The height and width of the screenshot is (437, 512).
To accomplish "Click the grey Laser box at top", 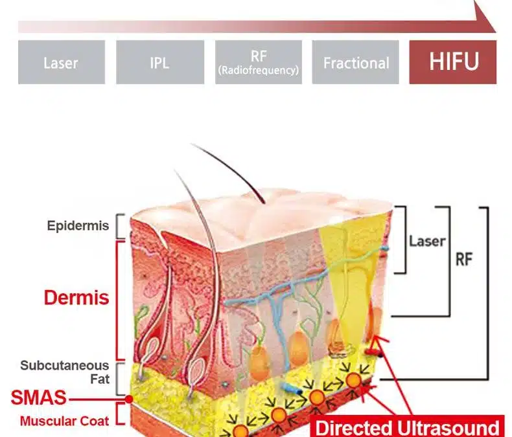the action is point(62,62).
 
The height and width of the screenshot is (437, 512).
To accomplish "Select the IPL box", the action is point(160,62).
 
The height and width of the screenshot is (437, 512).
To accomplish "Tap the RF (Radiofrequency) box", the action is point(259,62).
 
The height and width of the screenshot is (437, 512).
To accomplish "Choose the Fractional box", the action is point(355,62).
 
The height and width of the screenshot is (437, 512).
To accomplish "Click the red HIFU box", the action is point(453,62).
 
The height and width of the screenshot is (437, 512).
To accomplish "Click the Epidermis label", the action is point(78,226).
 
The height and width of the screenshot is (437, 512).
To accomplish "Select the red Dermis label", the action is point(76,297).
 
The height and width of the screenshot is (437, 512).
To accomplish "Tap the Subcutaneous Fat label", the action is point(65,372).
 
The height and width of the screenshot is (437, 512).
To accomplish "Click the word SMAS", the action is point(38,398).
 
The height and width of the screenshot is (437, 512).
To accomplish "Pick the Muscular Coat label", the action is point(64,421).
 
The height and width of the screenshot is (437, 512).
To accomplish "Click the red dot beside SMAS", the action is point(130,399).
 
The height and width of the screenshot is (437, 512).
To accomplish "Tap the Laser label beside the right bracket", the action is point(427,241).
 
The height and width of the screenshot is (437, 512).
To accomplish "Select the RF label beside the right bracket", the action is point(464,260).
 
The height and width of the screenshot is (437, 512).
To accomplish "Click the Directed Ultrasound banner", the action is point(407,427).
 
